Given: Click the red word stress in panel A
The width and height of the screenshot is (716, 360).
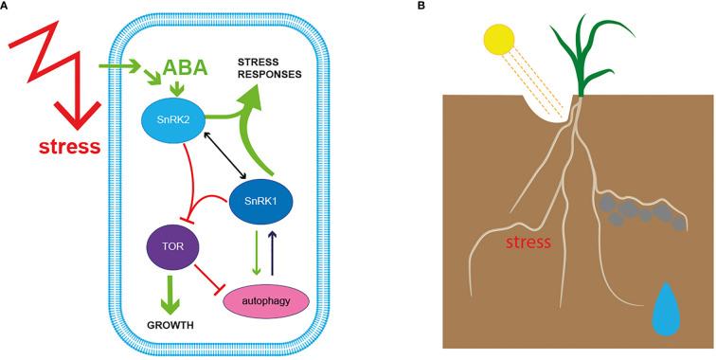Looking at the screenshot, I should tap(69, 147).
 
